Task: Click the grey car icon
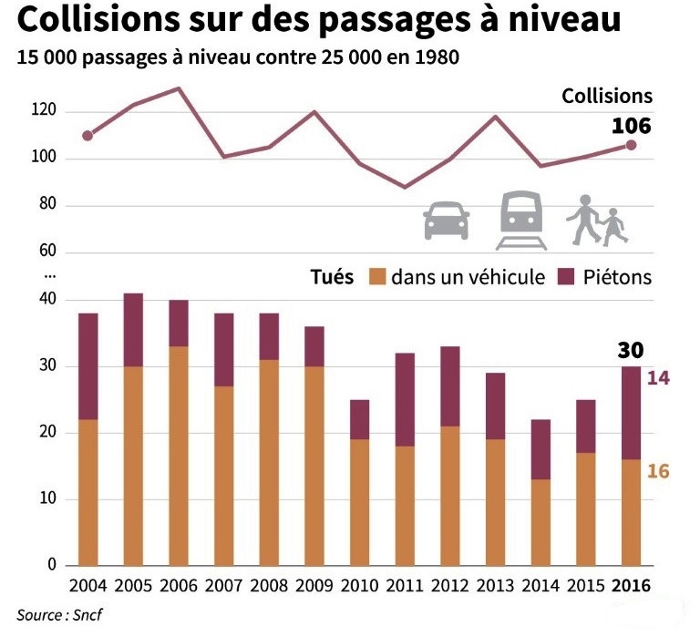pyautogui.click(x=446, y=221)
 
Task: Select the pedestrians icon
pyautogui.click(x=597, y=221)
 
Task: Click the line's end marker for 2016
pyautogui.click(x=631, y=145)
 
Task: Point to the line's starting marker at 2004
pyautogui.click(x=87, y=136)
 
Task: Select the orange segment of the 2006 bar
pyautogui.click(x=179, y=456)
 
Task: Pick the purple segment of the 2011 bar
pyautogui.click(x=405, y=399)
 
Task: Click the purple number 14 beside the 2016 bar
pyautogui.click(x=658, y=377)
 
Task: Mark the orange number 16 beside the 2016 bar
pyautogui.click(x=658, y=472)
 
